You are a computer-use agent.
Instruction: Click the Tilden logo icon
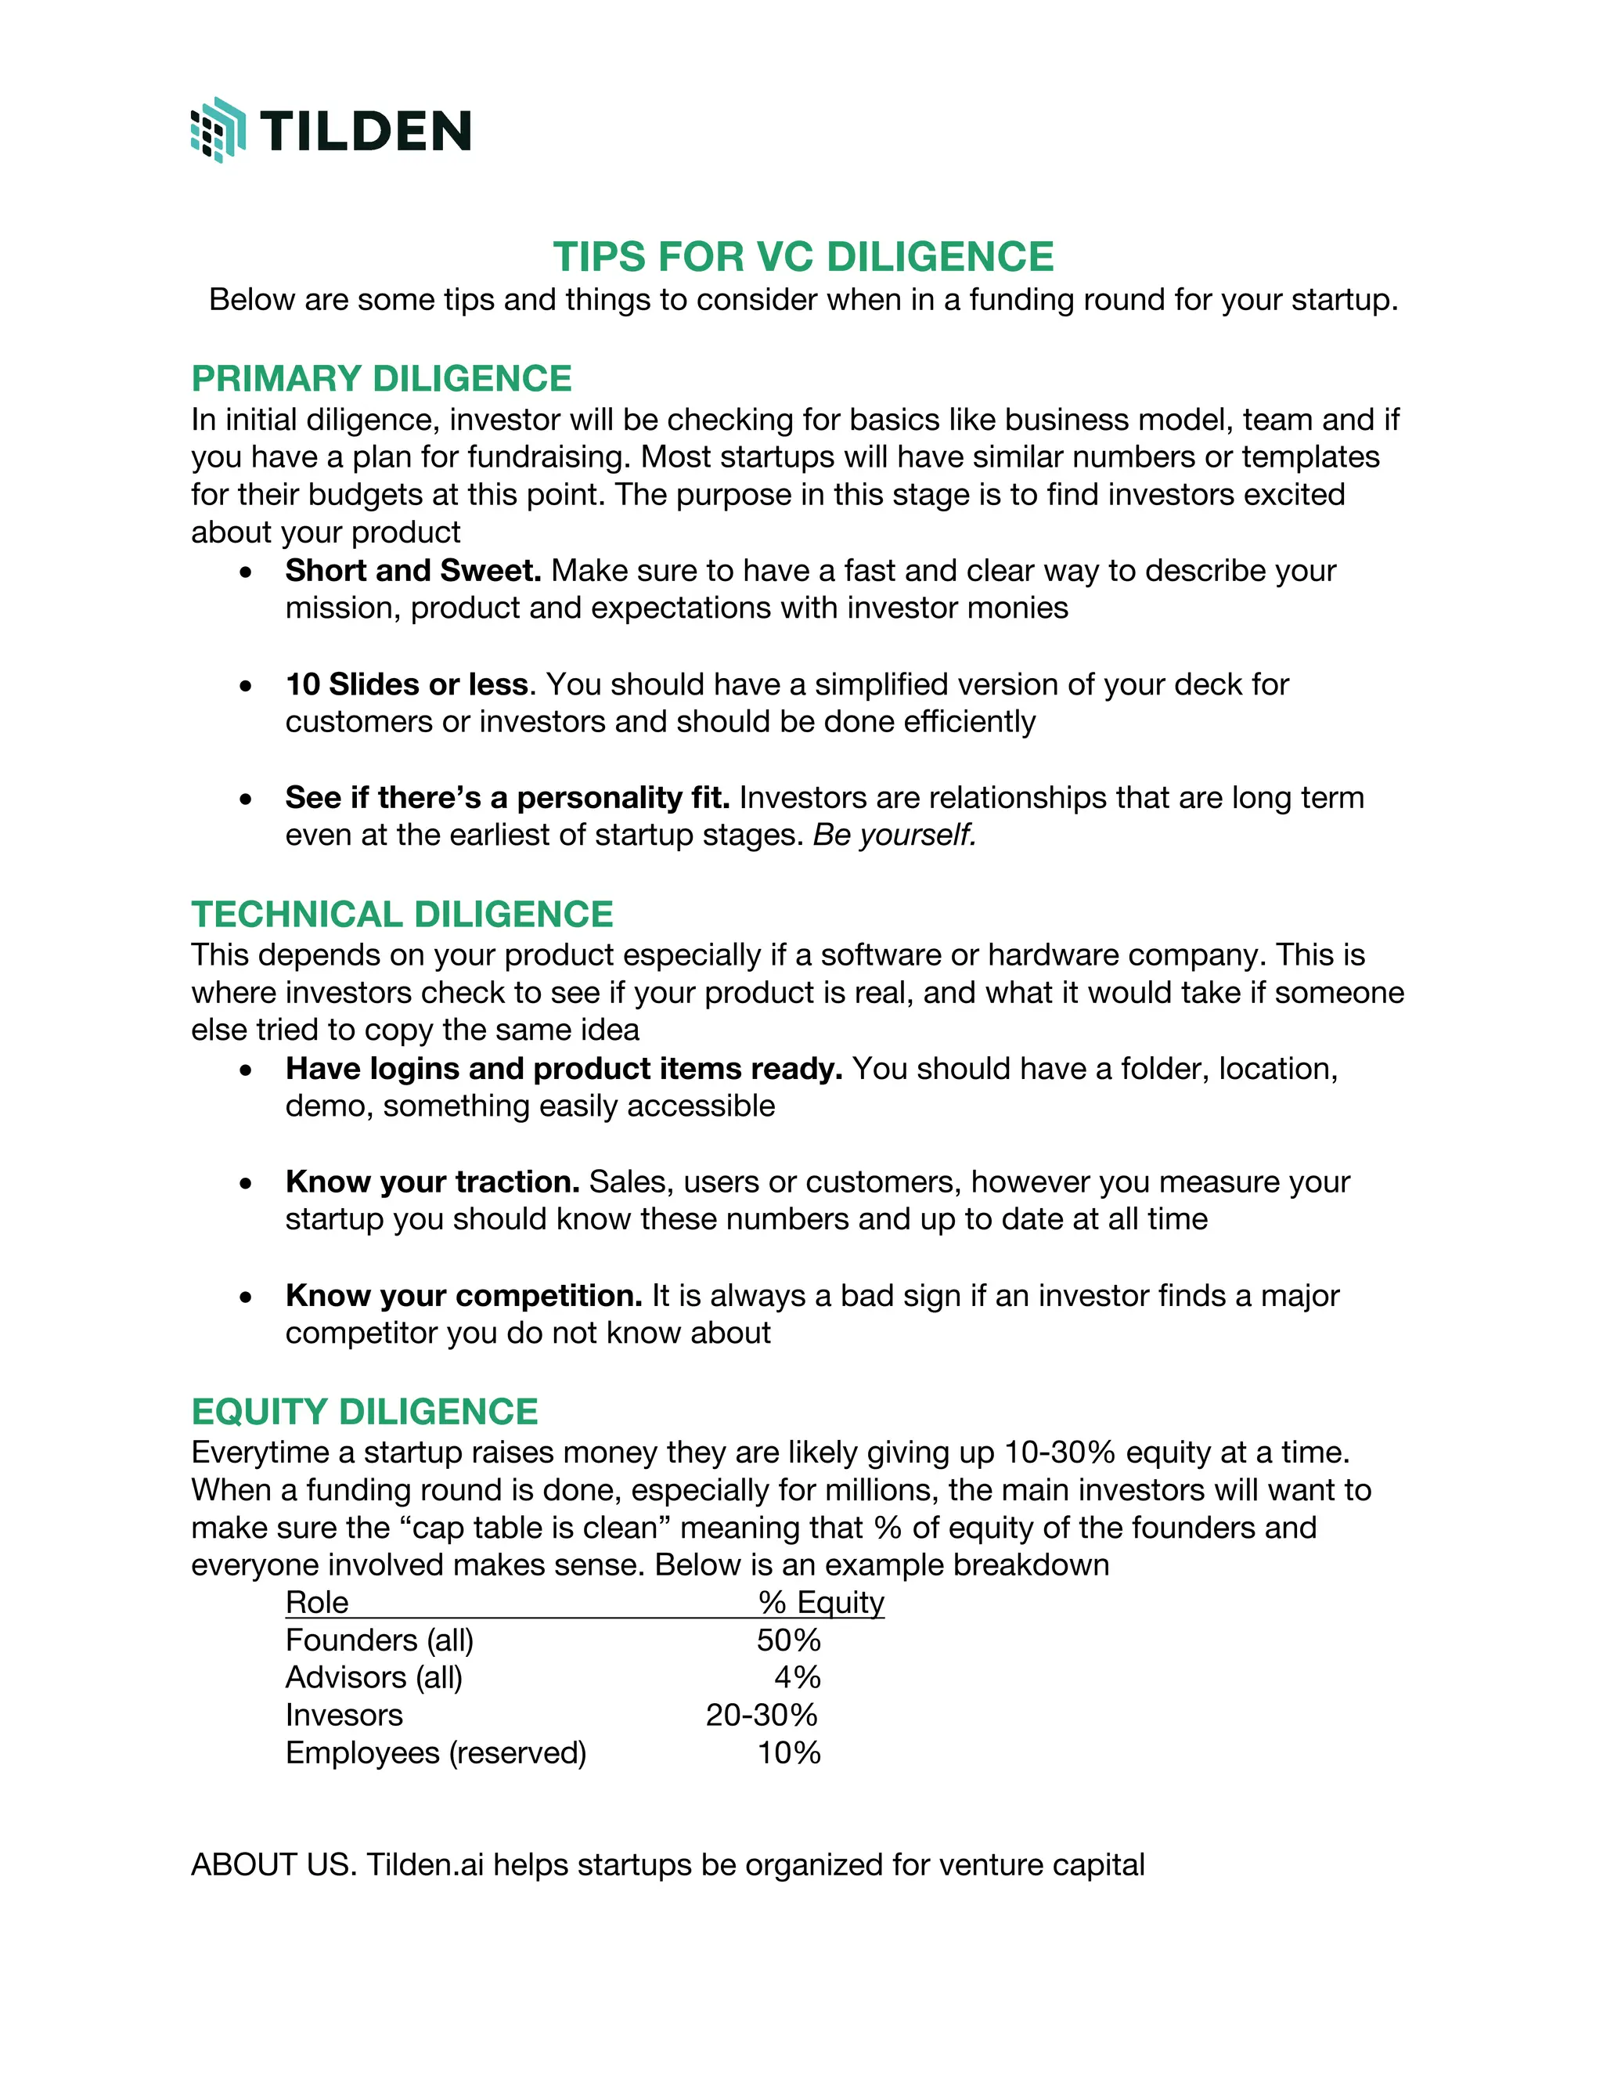tap(218, 130)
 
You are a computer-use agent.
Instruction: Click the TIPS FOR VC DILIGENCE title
tap(802, 257)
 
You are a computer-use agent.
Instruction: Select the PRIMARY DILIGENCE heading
tap(381, 378)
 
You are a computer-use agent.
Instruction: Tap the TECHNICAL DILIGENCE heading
tap(402, 914)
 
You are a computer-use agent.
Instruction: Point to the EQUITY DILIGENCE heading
tap(365, 1412)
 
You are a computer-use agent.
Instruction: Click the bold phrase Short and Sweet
tap(412, 570)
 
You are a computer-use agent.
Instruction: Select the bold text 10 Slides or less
tap(406, 684)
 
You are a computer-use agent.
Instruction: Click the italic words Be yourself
tap(895, 835)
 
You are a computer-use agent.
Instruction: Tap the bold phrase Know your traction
tap(432, 1182)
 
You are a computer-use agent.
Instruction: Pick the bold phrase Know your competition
tap(463, 1296)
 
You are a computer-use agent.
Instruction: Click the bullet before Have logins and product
tap(246, 1070)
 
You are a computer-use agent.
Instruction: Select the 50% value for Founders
tap(788, 1640)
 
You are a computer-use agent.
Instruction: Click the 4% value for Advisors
tap(797, 1678)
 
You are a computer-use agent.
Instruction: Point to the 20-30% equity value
tap(762, 1716)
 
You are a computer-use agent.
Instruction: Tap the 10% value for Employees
tap(788, 1753)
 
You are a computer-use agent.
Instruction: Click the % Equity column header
tap(820, 1603)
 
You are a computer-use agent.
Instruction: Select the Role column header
tap(317, 1603)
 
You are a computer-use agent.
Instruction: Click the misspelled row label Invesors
tap(344, 1716)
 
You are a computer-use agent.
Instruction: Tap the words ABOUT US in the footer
tap(272, 1865)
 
